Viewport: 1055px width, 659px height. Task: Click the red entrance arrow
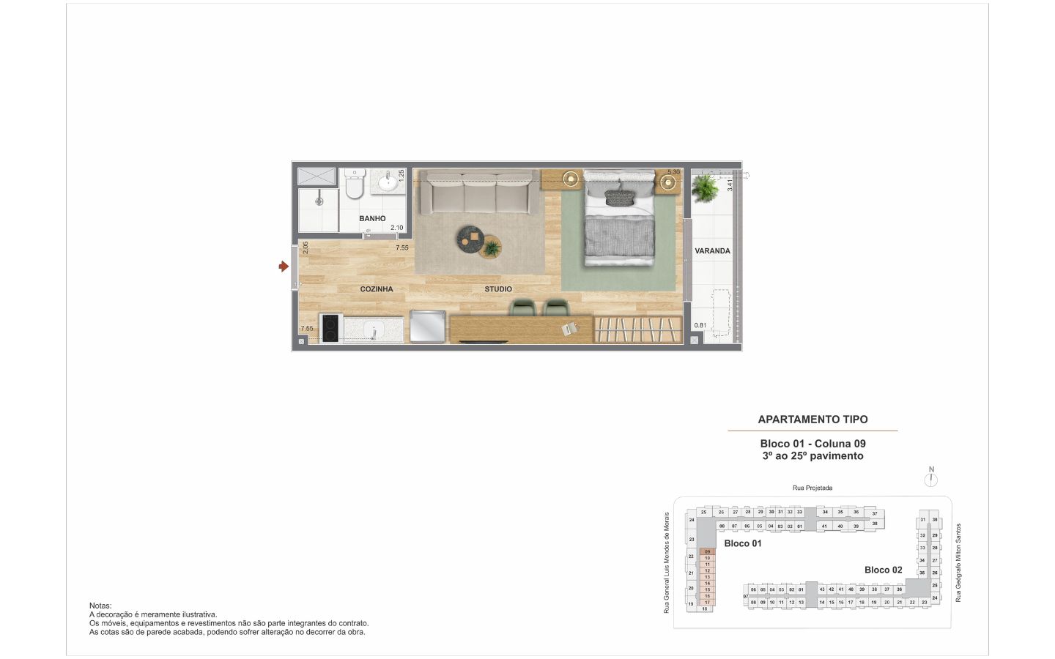pos(284,267)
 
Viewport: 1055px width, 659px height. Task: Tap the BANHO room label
pos(372,218)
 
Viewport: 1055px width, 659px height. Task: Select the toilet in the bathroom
pos(354,185)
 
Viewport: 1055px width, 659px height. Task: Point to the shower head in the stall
pos(318,200)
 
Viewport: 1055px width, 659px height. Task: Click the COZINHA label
pos(377,289)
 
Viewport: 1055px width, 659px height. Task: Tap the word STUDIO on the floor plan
pos(498,289)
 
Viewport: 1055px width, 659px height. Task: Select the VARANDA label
pos(712,251)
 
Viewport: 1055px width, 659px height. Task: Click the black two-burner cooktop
pos(330,329)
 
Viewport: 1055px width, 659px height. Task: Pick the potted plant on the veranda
pos(706,188)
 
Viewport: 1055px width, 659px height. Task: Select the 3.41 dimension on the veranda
pos(730,185)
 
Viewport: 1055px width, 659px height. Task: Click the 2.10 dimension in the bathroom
pos(396,228)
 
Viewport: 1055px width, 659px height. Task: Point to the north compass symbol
pos(931,480)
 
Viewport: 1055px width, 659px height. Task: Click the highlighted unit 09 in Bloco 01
pos(707,551)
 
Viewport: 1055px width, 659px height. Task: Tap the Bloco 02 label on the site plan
pos(883,570)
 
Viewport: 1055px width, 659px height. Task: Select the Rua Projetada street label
pos(812,488)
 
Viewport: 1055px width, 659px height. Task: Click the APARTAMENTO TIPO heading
pos(812,420)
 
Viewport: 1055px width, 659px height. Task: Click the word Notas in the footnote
pos(100,606)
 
